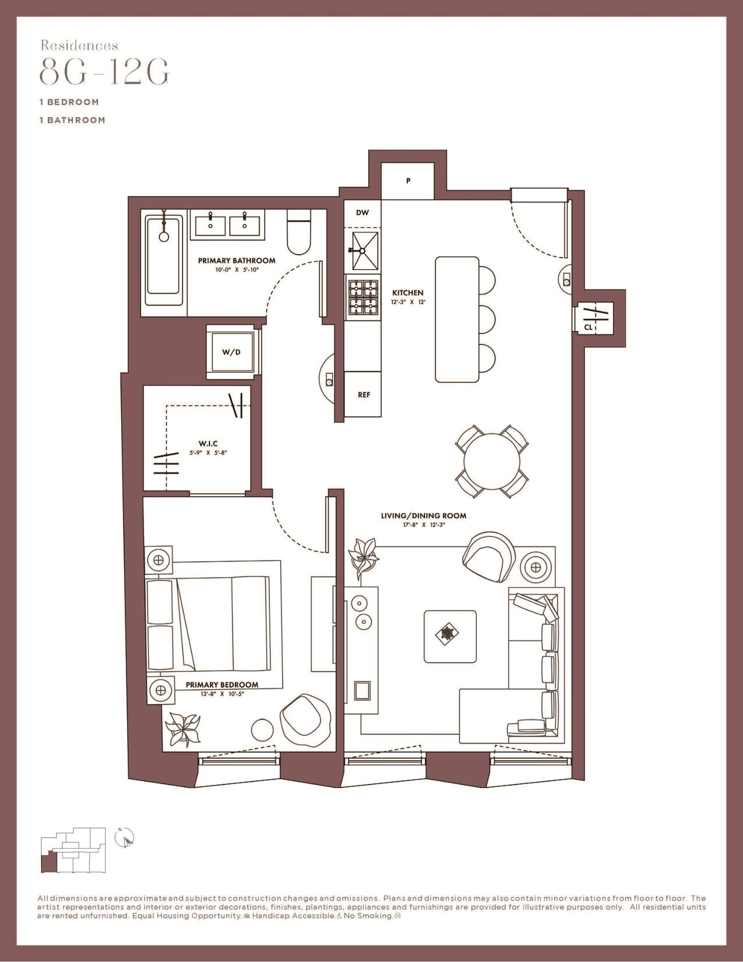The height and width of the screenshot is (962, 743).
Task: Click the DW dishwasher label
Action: click(363, 212)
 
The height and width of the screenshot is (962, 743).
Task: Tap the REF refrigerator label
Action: click(364, 395)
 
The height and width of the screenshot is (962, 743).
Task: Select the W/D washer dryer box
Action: click(232, 352)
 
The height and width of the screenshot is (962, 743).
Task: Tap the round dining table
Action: click(492, 461)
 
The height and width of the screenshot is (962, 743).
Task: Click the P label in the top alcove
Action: click(408, 181)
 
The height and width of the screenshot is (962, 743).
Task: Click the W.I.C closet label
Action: click(208, 444)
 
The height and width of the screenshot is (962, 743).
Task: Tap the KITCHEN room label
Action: click(408, 293)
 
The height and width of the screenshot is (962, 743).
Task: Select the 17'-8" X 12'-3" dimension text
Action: click(423, 525)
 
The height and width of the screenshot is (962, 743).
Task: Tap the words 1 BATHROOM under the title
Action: click(73, 120)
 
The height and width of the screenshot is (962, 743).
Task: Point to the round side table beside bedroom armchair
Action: click(261, 730)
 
